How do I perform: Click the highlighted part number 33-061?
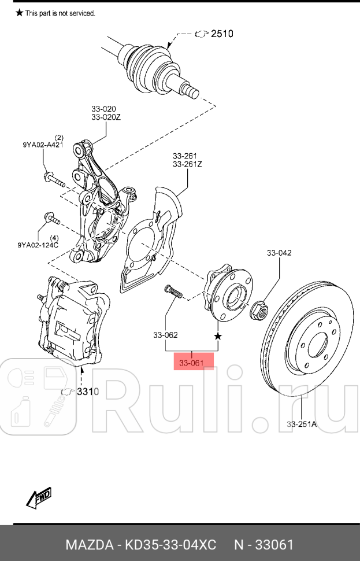point(192,363)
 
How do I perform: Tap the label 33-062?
point(165,335)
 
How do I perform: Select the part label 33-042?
point(279,253)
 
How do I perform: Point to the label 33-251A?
point(302,425)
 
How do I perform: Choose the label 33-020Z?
point(106,117)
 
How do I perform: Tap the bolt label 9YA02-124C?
point(38,245)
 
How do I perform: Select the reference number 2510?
point(222,34)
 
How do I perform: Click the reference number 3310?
point(88,392)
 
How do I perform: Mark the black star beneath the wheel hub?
point(218,336)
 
